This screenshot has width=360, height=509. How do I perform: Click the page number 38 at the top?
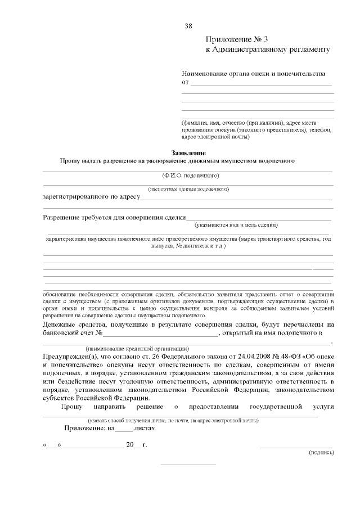pos(188,26)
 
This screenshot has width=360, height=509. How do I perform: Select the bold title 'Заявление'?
pos(188,153)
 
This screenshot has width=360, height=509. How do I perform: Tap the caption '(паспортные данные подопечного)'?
pos(188,190)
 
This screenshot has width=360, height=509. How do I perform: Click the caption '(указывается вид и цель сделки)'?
pos(236,225)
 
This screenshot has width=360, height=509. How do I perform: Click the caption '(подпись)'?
pos(321,452)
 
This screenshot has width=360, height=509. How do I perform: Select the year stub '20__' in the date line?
pos(133,445)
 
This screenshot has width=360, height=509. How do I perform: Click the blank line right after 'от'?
pos(262,84)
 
